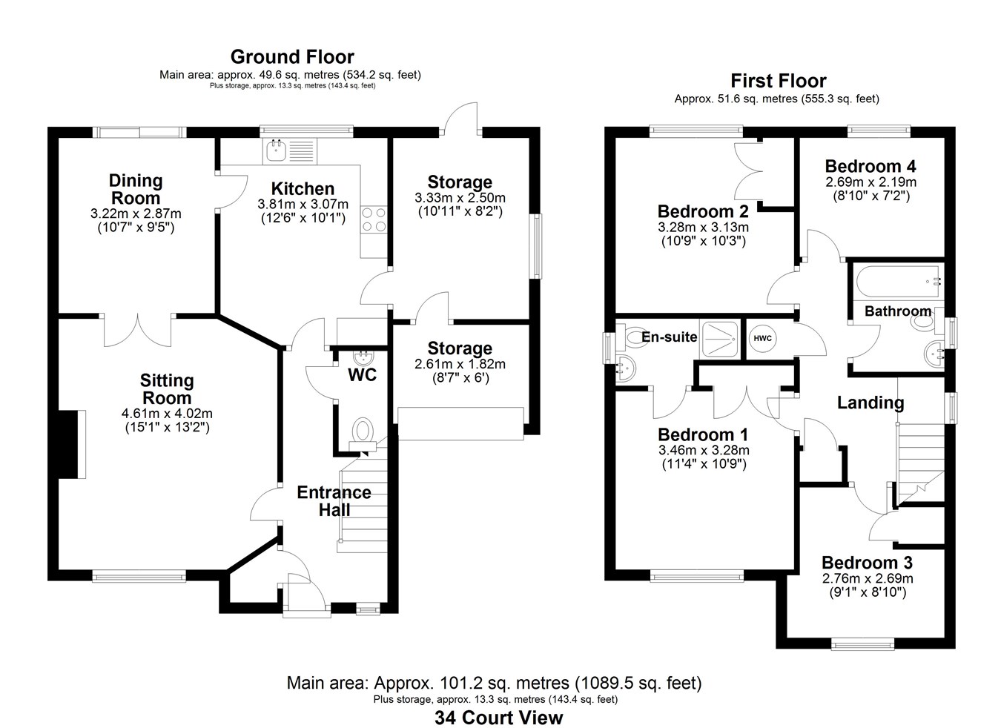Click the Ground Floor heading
[x=292, y=57]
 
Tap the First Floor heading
[x=778, y=81]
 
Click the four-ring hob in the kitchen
[x=373, y=220]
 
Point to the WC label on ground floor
[x=362, y=375]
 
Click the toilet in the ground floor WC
[x=363, y=431]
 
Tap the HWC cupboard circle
[x=762, y=338]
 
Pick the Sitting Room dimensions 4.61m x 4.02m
[x=167, y=413]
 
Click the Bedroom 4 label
[x=870, y=166]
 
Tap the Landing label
[x=870, y=403]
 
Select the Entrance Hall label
[x=334, y=501]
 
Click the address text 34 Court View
[x=498, y=718]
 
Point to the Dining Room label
[x=136, y=189]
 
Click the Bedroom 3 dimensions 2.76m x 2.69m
[x=867, y=578]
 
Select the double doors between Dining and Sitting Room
[x=139, y=330]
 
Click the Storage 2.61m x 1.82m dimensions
[x=460, y=364]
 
